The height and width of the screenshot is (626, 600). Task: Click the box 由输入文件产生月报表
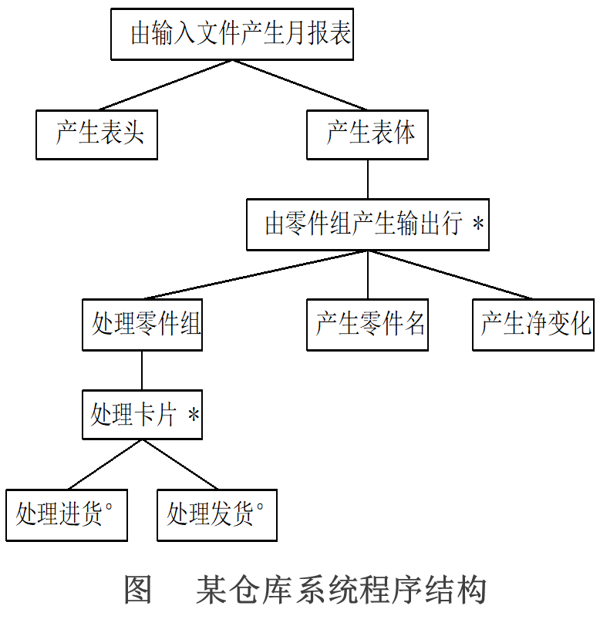tap(231, 35)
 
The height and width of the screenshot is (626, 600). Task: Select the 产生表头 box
tap(96, 134)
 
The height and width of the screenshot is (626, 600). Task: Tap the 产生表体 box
tap(367, 134)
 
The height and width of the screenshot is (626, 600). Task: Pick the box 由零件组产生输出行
tap(367, 224)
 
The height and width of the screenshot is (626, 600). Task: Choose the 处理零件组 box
tap(142, 325)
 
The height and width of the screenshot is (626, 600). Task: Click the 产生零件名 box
tap(367, 325)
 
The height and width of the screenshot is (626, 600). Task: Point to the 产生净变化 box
tap(533, 325)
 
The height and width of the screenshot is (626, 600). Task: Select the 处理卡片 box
tap(142, 415)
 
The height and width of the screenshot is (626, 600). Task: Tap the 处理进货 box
tap(66, 514)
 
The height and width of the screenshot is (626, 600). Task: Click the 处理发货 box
tap(217, 514)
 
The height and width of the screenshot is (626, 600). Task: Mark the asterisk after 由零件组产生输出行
tap(478, 225)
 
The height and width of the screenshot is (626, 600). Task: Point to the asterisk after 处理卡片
tap(194, 416)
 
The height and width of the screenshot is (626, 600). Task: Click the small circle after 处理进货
tap(109, 507)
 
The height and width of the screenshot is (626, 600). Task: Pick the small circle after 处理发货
tap(260, 507)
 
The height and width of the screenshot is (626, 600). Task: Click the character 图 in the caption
tap(138, 591)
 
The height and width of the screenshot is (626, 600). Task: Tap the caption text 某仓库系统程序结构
tap(340, 591)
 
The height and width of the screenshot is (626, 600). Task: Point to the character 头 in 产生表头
tap(133, 134)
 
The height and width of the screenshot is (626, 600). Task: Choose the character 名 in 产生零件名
tap(415, 325)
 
